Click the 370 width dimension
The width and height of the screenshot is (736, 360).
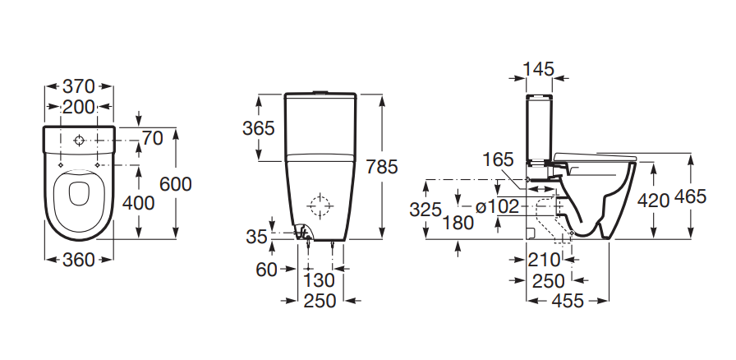79,86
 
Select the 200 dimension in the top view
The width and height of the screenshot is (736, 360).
79,107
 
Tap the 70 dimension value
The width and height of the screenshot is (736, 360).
153,139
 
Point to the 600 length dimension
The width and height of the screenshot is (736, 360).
176,184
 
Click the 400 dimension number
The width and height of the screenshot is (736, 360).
138,203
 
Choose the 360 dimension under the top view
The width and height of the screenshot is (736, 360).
79,260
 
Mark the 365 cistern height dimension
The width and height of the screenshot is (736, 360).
258,128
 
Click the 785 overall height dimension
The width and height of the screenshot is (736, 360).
382,166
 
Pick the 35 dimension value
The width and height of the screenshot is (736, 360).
256,237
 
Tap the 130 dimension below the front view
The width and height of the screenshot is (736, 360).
320,280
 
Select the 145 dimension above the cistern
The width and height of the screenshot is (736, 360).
538,69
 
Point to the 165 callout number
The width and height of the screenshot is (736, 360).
499,159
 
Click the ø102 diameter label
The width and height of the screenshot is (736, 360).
497,206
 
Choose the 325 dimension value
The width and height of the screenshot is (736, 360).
425,210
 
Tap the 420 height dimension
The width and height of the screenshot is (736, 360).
653,201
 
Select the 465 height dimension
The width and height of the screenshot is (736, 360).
690,197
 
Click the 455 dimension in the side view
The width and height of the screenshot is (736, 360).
568,300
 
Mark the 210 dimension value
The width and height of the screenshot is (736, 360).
544,260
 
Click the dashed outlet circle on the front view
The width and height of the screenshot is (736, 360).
320,205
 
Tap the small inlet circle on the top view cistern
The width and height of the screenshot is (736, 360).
79,141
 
